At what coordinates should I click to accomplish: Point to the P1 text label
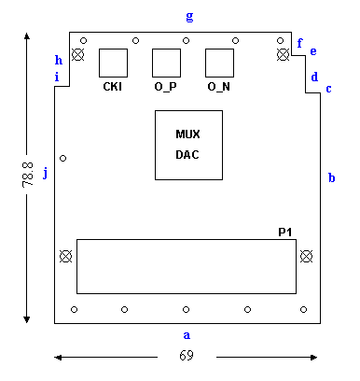tap(284, 233)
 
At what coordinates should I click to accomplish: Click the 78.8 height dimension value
tap(28, 175)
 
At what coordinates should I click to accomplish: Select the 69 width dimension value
tap(187, 355)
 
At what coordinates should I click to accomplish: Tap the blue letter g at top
tap(189, 17)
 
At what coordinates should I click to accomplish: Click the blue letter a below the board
tap(187, 335)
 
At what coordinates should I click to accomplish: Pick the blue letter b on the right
tap(332, 177)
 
